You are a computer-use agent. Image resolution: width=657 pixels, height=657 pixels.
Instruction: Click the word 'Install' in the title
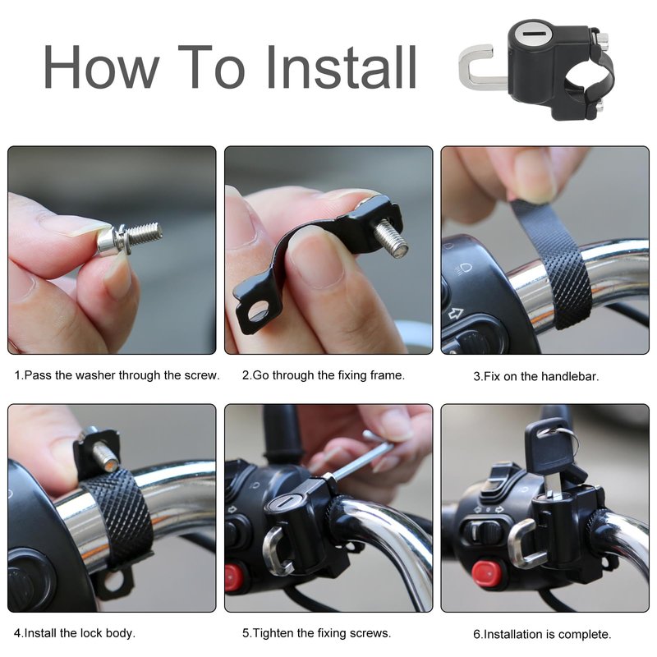coord(341,67)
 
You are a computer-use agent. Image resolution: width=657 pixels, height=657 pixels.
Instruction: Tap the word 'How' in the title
coord(101,67)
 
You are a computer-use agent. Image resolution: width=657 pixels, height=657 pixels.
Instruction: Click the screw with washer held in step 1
coord(129,238)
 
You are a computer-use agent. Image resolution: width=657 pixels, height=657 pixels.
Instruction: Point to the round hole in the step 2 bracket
coord(258,312)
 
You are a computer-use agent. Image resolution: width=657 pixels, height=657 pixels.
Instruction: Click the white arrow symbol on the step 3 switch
coord(456,314)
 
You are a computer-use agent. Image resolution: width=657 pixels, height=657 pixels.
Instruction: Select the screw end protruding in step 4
coord(104,456)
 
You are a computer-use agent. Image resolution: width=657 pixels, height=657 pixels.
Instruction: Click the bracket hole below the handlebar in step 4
coord(114,583)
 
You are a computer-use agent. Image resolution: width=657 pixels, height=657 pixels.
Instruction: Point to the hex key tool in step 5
coord(357,457)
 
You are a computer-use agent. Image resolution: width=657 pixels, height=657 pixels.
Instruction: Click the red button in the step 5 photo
coord(232,577)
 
